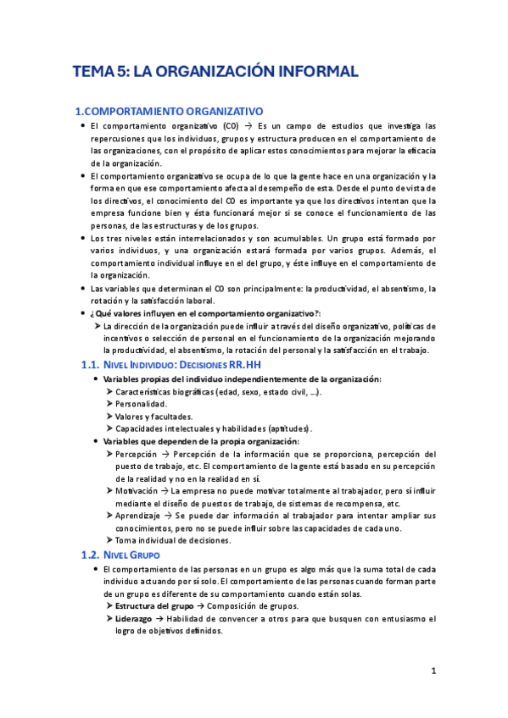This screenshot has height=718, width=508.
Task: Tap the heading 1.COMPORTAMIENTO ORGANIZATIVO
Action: tap(170, 111)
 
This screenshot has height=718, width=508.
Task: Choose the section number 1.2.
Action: tap(84, 531)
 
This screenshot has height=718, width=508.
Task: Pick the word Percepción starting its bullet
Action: tap(136, 454)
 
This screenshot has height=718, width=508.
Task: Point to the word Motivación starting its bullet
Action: tap(137, 490)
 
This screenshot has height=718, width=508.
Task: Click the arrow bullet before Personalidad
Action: tap(109, 405)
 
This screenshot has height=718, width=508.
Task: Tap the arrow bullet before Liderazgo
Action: tap(109, 619)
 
